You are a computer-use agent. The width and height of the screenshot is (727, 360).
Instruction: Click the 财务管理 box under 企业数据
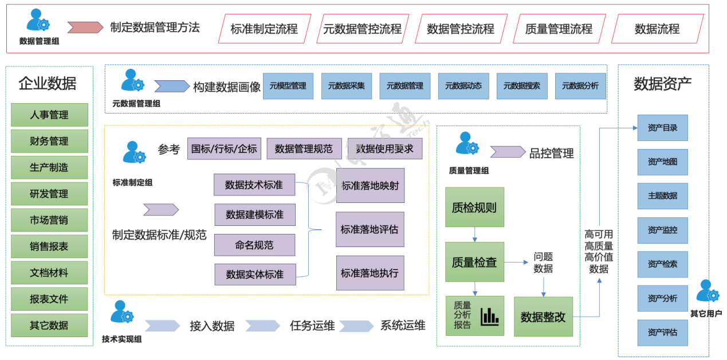[49, 141]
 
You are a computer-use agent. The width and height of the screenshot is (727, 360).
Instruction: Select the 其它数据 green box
[49, 325]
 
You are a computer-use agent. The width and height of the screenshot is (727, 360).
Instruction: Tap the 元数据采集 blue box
[347, 86]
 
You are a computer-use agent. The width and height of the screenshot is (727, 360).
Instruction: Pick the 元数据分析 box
[580, 86]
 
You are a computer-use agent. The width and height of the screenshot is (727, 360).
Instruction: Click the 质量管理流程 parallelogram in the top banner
[559, 29]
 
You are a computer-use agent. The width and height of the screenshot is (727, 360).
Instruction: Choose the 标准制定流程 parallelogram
[264, 29]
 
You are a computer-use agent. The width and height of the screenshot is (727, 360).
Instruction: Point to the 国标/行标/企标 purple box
[224, 148]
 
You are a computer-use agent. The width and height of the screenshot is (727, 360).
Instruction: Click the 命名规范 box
[254, 245]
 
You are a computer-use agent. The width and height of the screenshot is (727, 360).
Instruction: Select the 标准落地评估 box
[370, 229]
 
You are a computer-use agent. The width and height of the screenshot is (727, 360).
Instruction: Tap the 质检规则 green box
[474, 207]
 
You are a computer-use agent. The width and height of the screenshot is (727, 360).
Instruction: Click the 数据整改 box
[543, 316]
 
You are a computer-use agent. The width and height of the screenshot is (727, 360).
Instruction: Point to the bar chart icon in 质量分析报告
[490, 316]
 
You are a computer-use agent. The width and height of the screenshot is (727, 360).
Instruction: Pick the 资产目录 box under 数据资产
[662, 128]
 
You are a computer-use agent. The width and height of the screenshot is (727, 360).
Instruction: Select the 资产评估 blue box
[662, 332]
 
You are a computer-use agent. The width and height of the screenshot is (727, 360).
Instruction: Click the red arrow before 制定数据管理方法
[85, 27]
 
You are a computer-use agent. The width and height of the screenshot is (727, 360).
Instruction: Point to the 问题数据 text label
[543, 262]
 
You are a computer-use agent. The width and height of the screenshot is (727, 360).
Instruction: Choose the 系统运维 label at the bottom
[403, 326]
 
